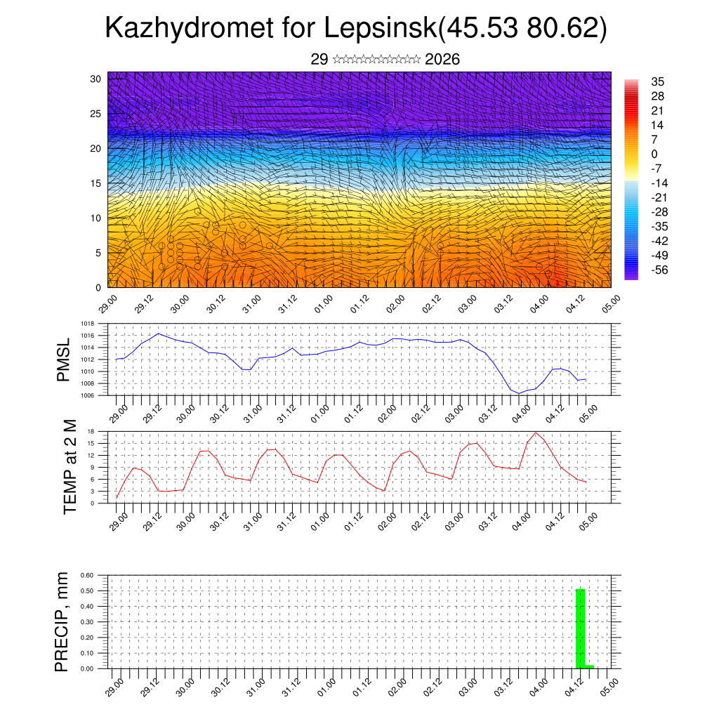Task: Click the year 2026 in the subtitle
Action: pyautogui.click(x=442, y=60)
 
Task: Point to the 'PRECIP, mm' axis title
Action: pyautogui.click(x=63, y=622)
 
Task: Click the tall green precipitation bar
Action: pyautogui.click(x=580, y=628)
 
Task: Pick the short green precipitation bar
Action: pyautogui.click(x=589, y=666)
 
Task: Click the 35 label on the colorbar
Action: pyautogui.click(x=657, y=81)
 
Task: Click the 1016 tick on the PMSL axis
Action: pyautogui.click(x=87, y=336)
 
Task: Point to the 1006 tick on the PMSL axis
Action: pyautogui.click(x=87, y=396)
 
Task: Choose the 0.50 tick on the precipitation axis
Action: pyautogui.click(x=86, y=591)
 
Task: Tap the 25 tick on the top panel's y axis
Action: pyautogui.click(x=95, y=113)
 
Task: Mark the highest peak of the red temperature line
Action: pyautogui.click(x=535, y=433)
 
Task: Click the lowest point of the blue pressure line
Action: pyautogui.click(x=520, y=393)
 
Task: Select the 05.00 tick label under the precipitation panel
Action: pyautogui.click(x=609, y=685)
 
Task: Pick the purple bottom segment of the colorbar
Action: pyautogui.click(x=631, y=276)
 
